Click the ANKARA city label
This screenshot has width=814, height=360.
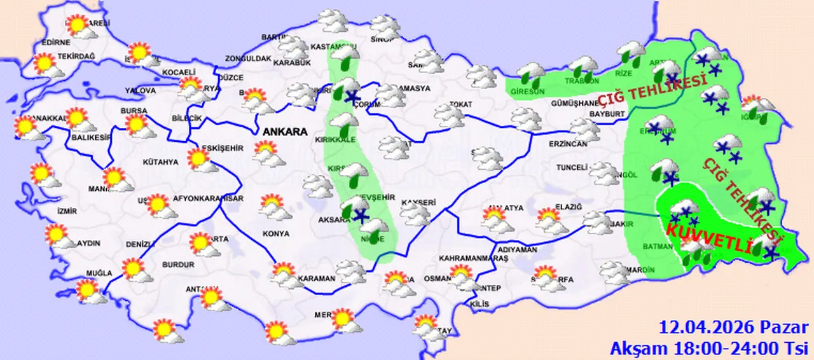[x=284, y=132]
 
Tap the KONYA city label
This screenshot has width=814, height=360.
[x=275, y=233]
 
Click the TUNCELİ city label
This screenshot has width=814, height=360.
[x=570, y=167]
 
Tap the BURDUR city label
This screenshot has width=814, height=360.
[x=178, y=264]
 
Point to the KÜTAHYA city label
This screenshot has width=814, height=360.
[x=160, y=162]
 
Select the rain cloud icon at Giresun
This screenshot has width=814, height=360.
[x=531, y=75]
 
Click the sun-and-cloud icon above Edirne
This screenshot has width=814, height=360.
[x=78, y=26]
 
